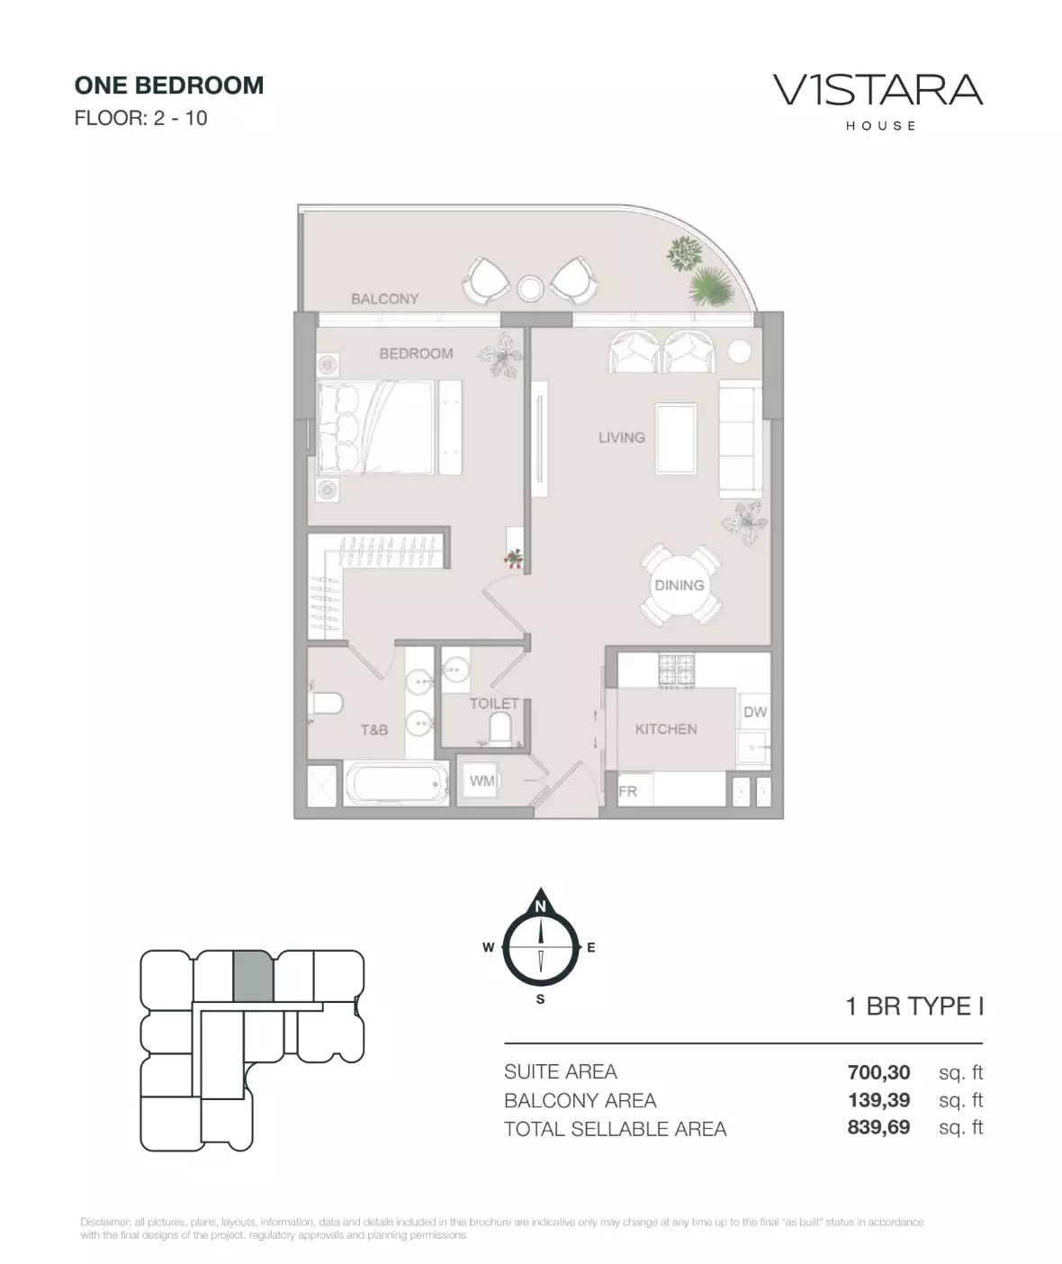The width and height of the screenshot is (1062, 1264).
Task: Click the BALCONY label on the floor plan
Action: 385,299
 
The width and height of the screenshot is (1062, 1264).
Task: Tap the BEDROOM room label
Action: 417,354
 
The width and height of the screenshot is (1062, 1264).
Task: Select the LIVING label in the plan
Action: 622,437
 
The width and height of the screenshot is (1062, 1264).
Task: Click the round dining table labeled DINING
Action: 679,585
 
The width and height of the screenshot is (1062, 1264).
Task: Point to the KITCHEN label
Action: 666,729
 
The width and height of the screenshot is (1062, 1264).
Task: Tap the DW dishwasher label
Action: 755,712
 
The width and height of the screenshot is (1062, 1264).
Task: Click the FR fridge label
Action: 627,791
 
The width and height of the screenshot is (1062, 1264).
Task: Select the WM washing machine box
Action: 481,781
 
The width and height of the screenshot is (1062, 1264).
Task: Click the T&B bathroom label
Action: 374,729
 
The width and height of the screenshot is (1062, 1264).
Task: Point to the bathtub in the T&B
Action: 396,784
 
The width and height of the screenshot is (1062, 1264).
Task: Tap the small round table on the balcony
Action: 531,288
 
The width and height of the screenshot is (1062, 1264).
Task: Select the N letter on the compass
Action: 540,907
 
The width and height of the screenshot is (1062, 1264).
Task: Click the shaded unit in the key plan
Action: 254,976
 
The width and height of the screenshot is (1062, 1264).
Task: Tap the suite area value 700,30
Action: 878,1072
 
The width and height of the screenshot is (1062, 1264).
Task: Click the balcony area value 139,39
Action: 878,1099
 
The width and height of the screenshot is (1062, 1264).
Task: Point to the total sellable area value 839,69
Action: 878,1126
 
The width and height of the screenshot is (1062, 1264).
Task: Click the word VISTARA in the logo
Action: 878,90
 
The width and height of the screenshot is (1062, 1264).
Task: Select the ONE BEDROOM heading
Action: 169,86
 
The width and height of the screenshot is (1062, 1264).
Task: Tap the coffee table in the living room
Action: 676,439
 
